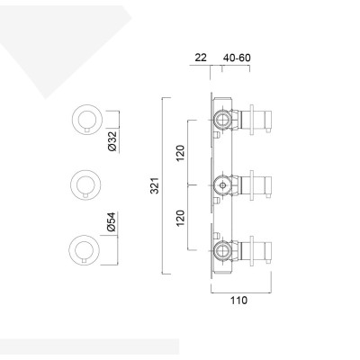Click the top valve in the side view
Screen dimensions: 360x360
222,119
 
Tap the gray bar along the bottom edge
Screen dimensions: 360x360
90,347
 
